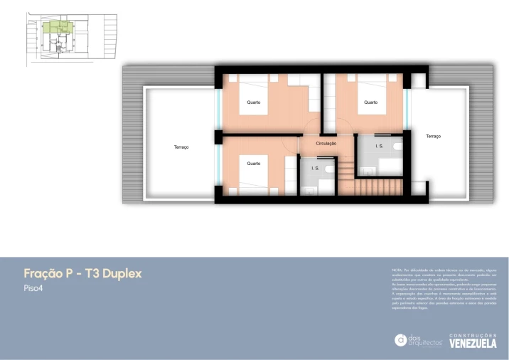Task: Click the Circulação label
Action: [326, 144]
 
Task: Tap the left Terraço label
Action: [181, 147]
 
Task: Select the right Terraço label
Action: [433, 136]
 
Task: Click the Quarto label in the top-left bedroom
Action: [253, 102]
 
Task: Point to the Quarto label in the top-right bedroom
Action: [370, 102]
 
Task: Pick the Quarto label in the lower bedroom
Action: [253, 164]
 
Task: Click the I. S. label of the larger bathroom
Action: [380, 146]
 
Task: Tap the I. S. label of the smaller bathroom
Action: [316, 169]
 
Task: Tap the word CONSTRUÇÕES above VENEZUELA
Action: [473, 335]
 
